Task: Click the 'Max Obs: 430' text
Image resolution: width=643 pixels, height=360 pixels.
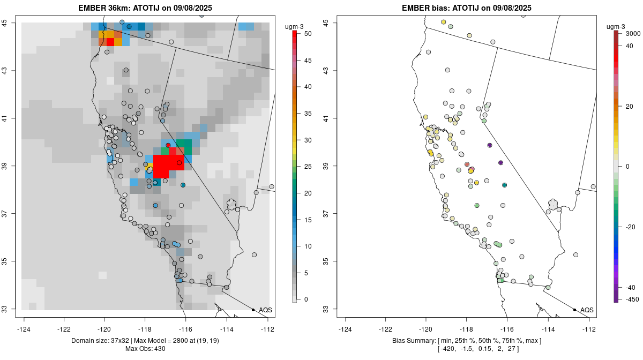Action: pos(145,349)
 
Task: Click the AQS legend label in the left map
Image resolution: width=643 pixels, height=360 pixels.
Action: pos(265,310)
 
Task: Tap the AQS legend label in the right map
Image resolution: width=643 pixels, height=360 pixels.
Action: pos(587,310)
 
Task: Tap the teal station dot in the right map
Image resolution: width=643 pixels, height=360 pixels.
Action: pos(504,185)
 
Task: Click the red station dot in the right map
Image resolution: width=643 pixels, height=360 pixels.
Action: pos(467,164)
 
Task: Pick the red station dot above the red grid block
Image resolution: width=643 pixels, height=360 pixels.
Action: pos(168,145)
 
